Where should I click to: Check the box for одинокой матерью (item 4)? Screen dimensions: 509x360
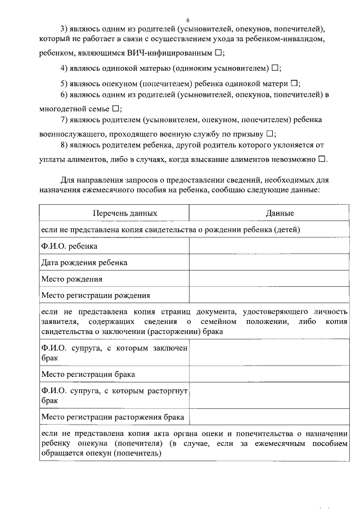[274, 68]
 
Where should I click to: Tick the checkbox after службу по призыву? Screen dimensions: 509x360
[269, 134]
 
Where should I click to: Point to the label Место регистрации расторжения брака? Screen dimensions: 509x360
[112, 417]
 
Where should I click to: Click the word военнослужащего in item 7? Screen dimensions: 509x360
[73, 134]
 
